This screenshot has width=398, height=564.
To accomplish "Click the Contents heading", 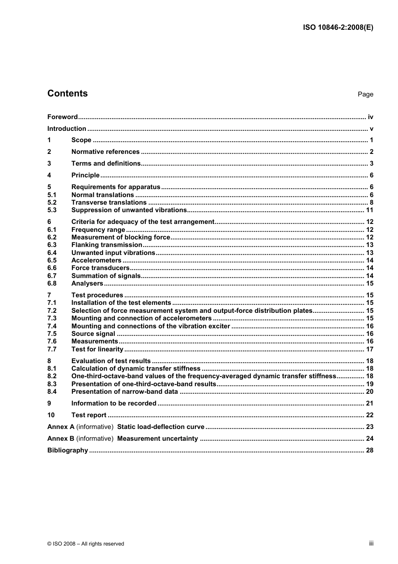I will tap(67, 94).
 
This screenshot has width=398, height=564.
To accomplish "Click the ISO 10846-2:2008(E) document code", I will tap(338, 28).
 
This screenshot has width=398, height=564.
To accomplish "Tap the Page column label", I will tap(365, 94).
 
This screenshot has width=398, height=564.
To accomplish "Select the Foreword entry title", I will tap(62, 117).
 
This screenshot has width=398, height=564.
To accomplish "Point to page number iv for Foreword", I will tap(370, 117).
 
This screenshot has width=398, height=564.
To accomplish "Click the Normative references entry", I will tap(105, 152).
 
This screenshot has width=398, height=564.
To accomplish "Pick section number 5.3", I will tap(52, 210).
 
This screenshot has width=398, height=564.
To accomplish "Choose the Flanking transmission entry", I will tap(107, 245).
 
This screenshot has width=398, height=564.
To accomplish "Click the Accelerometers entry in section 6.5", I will tap(96, 260).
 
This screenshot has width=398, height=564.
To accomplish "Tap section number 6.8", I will tap(52, 283).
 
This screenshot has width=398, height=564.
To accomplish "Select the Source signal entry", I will tap(93, 334).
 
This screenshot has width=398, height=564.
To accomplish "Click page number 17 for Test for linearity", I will tap(370, 349).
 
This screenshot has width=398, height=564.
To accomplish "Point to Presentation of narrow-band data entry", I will tap(124, 392).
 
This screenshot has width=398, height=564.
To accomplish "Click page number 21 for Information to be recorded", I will tap(370, 403).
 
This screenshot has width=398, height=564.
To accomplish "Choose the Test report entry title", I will tap(89, 415).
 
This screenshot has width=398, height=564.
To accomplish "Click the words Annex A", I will tap(61, 427).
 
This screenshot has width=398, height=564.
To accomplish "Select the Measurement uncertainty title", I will tap(158, 439).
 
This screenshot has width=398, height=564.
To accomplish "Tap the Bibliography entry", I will tap(67, 450).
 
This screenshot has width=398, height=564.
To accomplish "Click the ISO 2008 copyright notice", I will tap(86, 544).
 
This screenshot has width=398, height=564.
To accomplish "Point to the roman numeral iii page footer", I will tap(371, 543).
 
